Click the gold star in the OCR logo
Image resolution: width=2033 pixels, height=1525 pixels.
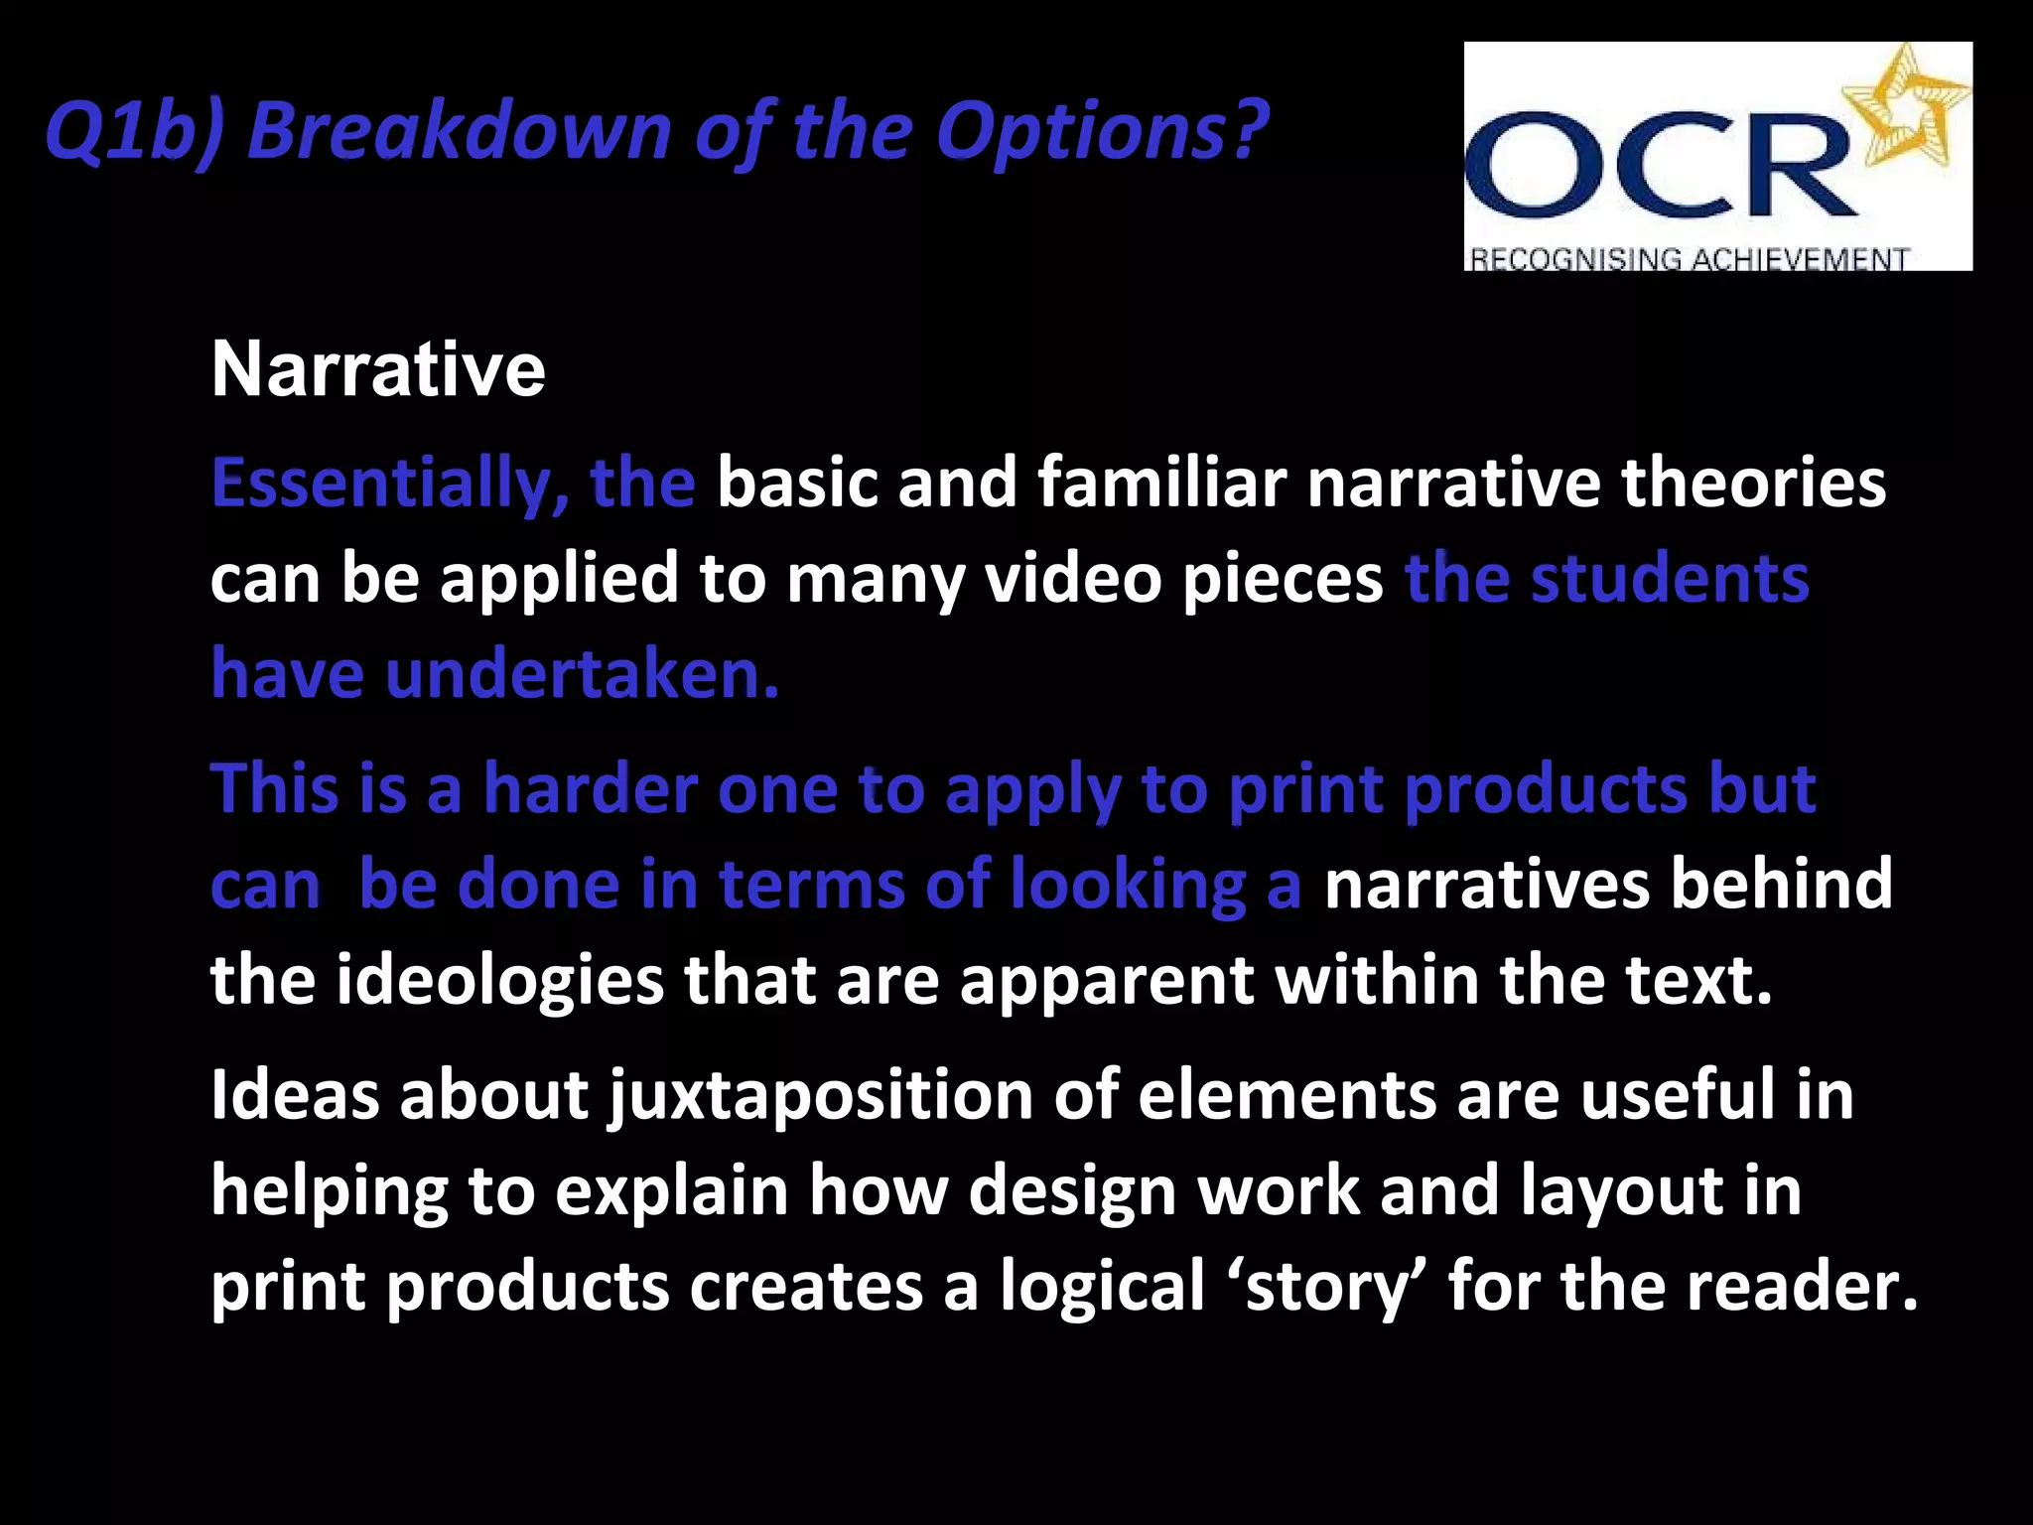tap(1904, 109)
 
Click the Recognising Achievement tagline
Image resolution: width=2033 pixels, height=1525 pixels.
tap(1688, 258)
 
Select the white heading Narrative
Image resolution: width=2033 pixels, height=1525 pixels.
tap(378, 369)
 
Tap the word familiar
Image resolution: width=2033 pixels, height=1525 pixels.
tap(1161, 484)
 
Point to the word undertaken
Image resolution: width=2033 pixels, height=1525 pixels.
tap(582, 674)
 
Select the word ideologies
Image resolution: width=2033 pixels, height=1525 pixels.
tap(500, 980)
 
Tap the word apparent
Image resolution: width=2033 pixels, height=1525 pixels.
tap(1106, 980)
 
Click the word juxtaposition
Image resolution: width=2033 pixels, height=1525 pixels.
tap(821, 1095)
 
